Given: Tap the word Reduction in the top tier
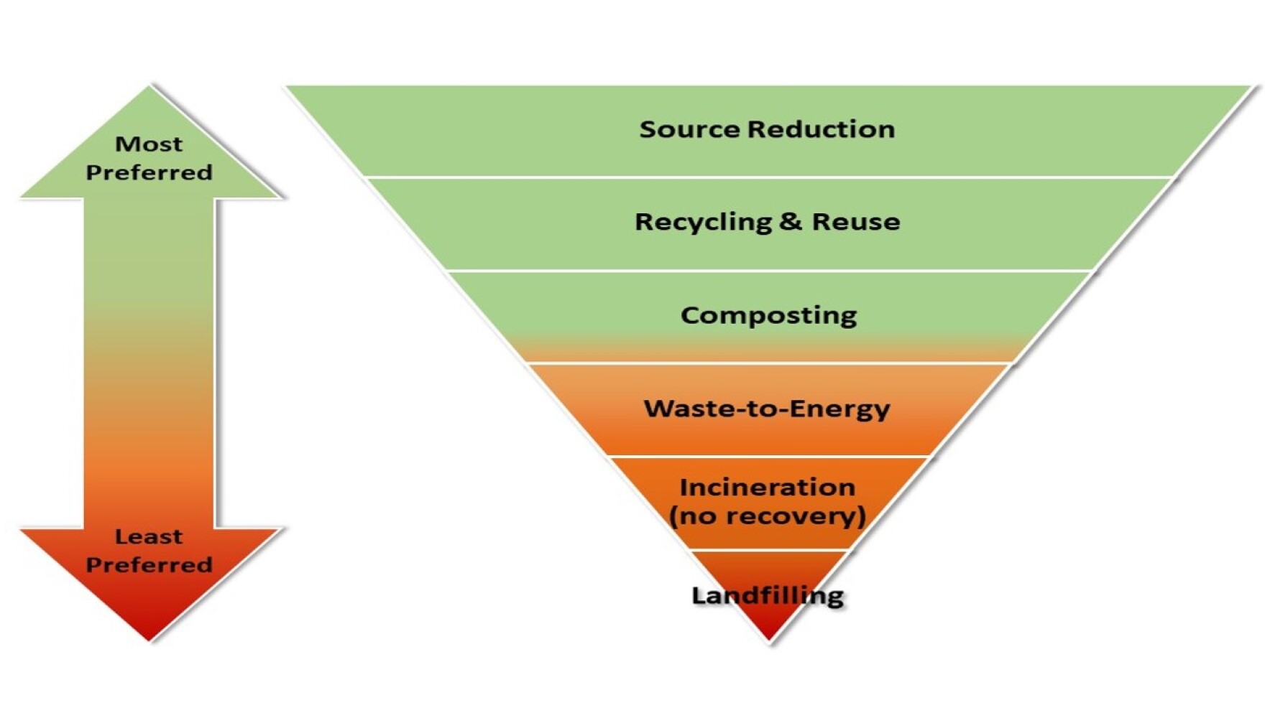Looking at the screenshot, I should click(x=821, y=129).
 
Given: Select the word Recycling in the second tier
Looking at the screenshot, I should click(x=702, y=222).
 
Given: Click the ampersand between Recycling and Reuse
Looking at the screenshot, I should click(x=790, y=221).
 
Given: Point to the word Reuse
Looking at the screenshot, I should click(x=855, y=222).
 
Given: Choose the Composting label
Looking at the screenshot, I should click(x=768, y=315).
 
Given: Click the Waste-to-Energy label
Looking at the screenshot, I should click(x=767, y=409).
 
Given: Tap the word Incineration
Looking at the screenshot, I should click(x=767, y=488).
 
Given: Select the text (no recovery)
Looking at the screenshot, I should click(x=767, y=516).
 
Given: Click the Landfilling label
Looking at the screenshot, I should click(x=767, y=595).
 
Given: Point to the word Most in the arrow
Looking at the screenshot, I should click(x=149, y=144).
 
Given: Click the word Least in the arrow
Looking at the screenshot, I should click(x=149, y=536).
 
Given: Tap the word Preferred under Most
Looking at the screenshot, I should click(x=149, y=172).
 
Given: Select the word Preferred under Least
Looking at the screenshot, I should click(x=149, y=564).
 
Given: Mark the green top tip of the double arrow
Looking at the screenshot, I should click(x=150, y=93).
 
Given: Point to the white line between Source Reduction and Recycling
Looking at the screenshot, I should click(x=768, y=177).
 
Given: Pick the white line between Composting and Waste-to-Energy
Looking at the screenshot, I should click(x=768, y=363).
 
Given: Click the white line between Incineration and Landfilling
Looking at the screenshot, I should click(x=768, y=551).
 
